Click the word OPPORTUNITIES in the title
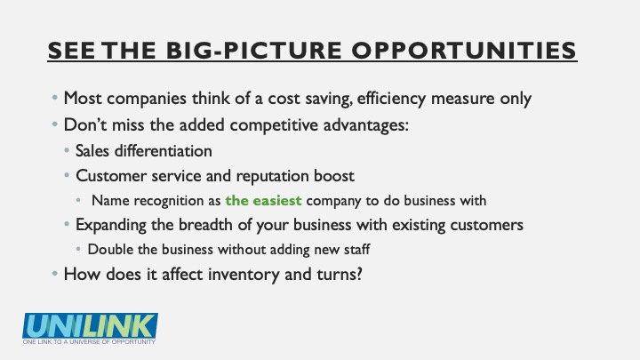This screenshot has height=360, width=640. (x=464, y=50)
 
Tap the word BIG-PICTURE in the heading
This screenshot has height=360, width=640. (x=254, y=50)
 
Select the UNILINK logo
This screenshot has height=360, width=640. (x=90, y=329)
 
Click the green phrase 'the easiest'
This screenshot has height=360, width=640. (x=263, y=200)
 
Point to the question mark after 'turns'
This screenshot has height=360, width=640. (x=359, y=274)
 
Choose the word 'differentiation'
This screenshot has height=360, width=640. (x=163, y=150)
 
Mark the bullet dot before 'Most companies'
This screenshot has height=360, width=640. (x=55, y=98)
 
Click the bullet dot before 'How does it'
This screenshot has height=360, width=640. (x=55, y=274)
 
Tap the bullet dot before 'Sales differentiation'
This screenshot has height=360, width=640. (x=67, y=150)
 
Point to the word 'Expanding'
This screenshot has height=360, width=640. (x=111, y=225)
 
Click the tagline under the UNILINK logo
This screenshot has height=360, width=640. (x=89, y=341)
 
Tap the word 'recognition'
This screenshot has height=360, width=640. (x=177, y=200)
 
